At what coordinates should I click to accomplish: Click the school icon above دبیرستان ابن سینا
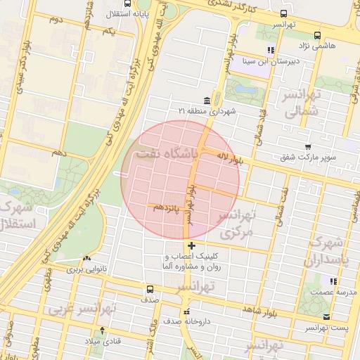pos(271,50)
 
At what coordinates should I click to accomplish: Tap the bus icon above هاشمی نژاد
pos(317,34)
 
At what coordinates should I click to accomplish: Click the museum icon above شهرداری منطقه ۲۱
pos(206,100)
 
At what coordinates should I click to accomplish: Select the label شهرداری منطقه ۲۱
pos(207,111)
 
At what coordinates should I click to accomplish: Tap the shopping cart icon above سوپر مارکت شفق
pos(308,147)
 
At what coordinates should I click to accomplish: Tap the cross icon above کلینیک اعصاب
pos(191,245)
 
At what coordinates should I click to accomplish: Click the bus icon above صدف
pos(149,289)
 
